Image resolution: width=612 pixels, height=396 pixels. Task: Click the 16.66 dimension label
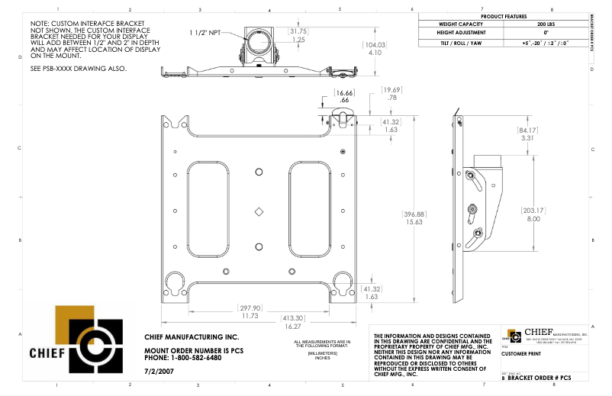[x=345, y=96]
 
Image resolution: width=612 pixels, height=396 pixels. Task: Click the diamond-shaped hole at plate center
[x=259, y=211]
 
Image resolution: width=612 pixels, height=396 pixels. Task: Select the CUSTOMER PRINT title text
[x=523, y=354]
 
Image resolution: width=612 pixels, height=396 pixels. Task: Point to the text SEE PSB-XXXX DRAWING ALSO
[x=78, y=69]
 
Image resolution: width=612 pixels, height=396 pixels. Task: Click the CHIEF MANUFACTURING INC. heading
[x=192, y=336]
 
